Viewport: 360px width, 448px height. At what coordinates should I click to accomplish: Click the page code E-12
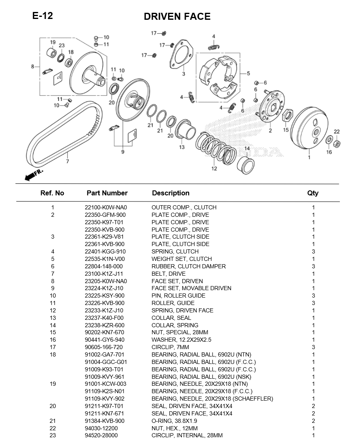[x=42, y=16]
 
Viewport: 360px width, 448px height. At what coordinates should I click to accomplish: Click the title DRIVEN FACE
[x=177, y=16]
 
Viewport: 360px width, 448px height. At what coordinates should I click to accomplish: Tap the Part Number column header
[x=107, y=193]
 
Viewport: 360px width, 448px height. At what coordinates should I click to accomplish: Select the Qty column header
[x=313, y=193]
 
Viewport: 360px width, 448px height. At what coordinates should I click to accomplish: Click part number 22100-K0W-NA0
[x=106, y=207]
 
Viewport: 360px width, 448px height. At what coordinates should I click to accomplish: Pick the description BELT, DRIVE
[x=168, y=274]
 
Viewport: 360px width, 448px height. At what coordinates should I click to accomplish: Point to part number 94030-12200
[x=101, y=428]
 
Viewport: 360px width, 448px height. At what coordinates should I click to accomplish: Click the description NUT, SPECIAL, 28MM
[x=180, y=332]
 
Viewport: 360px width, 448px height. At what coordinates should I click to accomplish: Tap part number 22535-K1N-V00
[x=105, y=259]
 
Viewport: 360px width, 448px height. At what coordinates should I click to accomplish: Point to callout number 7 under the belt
[x=68, y=161]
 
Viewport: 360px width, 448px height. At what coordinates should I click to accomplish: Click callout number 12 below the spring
[x=214, y=168]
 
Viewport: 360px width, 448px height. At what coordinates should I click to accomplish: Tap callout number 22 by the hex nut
[x=337, y=132]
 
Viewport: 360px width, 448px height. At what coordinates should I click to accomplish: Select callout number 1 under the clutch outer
[x=309, y=157]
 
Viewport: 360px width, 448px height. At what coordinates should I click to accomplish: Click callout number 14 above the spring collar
[x=247, y=148]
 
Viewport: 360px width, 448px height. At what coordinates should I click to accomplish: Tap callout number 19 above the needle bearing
[x=53, y=42]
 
